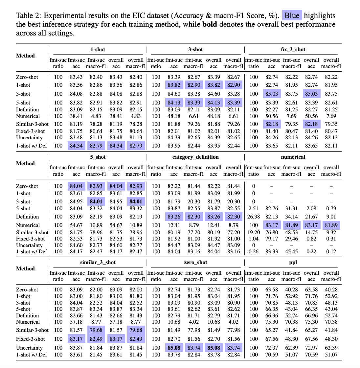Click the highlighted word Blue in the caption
click(292, 16)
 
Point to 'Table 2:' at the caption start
click(29, 16)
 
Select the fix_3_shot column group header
click(293, 50)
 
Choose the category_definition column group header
click(195, 157)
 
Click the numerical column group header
click(293, 157)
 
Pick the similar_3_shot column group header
click(98, 263)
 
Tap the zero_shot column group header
click(195, 263)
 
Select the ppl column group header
click(293, 263)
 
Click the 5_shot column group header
click(98, 157)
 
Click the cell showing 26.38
click(254, 217)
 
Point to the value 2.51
click(254, 209)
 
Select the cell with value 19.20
click(254, 232)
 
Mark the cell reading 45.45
click(291, 252)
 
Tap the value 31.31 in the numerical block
click(291, 209)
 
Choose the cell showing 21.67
click(311, 217)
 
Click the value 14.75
click(311, 232)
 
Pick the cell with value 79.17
click(272, 239)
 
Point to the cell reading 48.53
click(291, 232)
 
